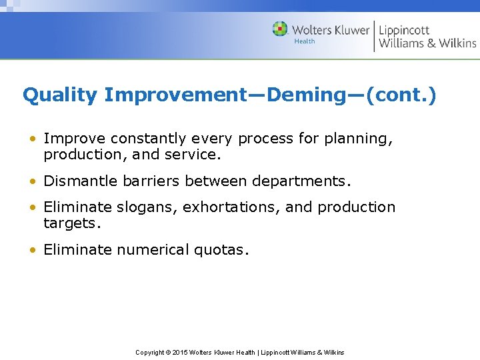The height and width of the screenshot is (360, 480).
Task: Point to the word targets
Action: pyautogui.click(x=72, y=224)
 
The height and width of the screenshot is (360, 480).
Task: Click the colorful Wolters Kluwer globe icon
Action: pyautogui.click(x=280, y=29)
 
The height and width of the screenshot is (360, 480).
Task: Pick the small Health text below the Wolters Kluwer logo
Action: pyautogui.click(x=304, y=41)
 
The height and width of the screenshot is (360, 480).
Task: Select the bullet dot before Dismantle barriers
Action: pyautogui.click(x=32, y=181)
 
